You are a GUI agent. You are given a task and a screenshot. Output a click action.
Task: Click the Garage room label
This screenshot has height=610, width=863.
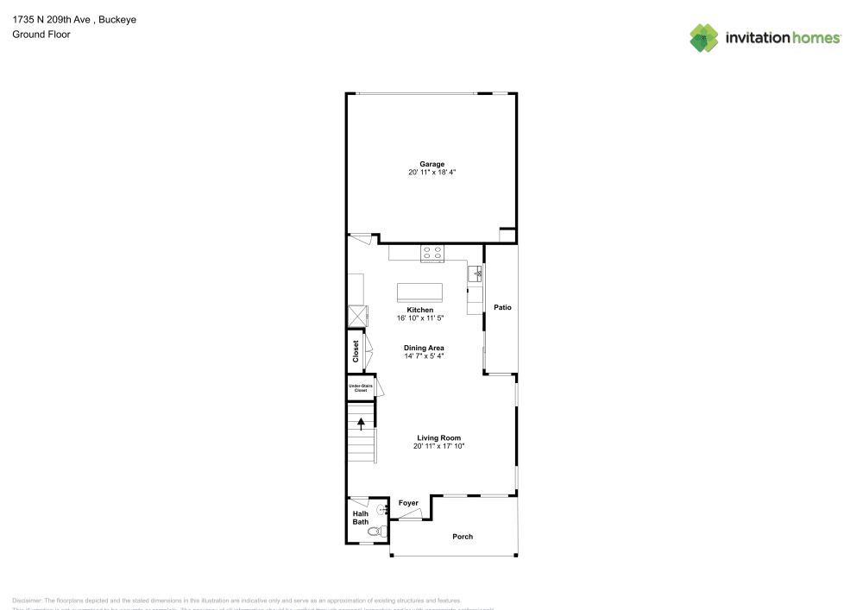coord(431,164)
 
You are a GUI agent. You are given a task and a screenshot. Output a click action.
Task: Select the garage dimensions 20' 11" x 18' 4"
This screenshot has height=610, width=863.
coord(431,173)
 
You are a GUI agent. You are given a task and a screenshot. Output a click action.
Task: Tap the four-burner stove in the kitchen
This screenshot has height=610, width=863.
coord(432,253)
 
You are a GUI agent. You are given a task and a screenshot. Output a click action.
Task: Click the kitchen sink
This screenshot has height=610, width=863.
coord(475,274)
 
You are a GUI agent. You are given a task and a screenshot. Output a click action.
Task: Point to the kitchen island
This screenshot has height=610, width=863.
coord(419,292)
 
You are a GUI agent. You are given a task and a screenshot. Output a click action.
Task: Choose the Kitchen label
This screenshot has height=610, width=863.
coord(420,310)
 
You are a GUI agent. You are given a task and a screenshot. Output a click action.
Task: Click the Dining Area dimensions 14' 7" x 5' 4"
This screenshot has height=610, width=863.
coord(424,355)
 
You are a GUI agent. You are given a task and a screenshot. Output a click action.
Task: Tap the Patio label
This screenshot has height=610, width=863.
coord(502,307)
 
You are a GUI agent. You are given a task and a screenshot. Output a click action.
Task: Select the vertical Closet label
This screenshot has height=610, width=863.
coord(356,351)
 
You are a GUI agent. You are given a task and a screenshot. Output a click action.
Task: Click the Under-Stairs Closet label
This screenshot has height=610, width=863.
coord(358,388)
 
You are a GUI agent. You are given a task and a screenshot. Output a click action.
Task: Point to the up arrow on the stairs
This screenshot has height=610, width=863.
coord(361,422)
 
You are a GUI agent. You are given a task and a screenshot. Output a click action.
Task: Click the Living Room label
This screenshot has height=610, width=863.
coord(438,438)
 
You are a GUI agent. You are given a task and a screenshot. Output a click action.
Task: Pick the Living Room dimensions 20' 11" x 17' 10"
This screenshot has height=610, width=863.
coord(438,447)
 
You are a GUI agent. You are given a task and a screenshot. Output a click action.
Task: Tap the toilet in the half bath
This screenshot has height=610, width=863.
coord(374,532)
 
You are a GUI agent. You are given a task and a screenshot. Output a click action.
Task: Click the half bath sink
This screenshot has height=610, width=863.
coord(384,510)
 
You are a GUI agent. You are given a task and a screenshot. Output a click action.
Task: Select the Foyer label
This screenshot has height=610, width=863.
coord(408,503)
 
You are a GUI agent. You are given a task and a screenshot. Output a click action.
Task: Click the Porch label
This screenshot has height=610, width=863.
coord(463,537)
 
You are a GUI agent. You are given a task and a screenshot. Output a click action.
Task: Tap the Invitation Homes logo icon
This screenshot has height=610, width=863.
coord(704,37)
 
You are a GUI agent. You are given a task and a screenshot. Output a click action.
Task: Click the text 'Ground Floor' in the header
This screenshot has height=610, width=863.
coord(41,35)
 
